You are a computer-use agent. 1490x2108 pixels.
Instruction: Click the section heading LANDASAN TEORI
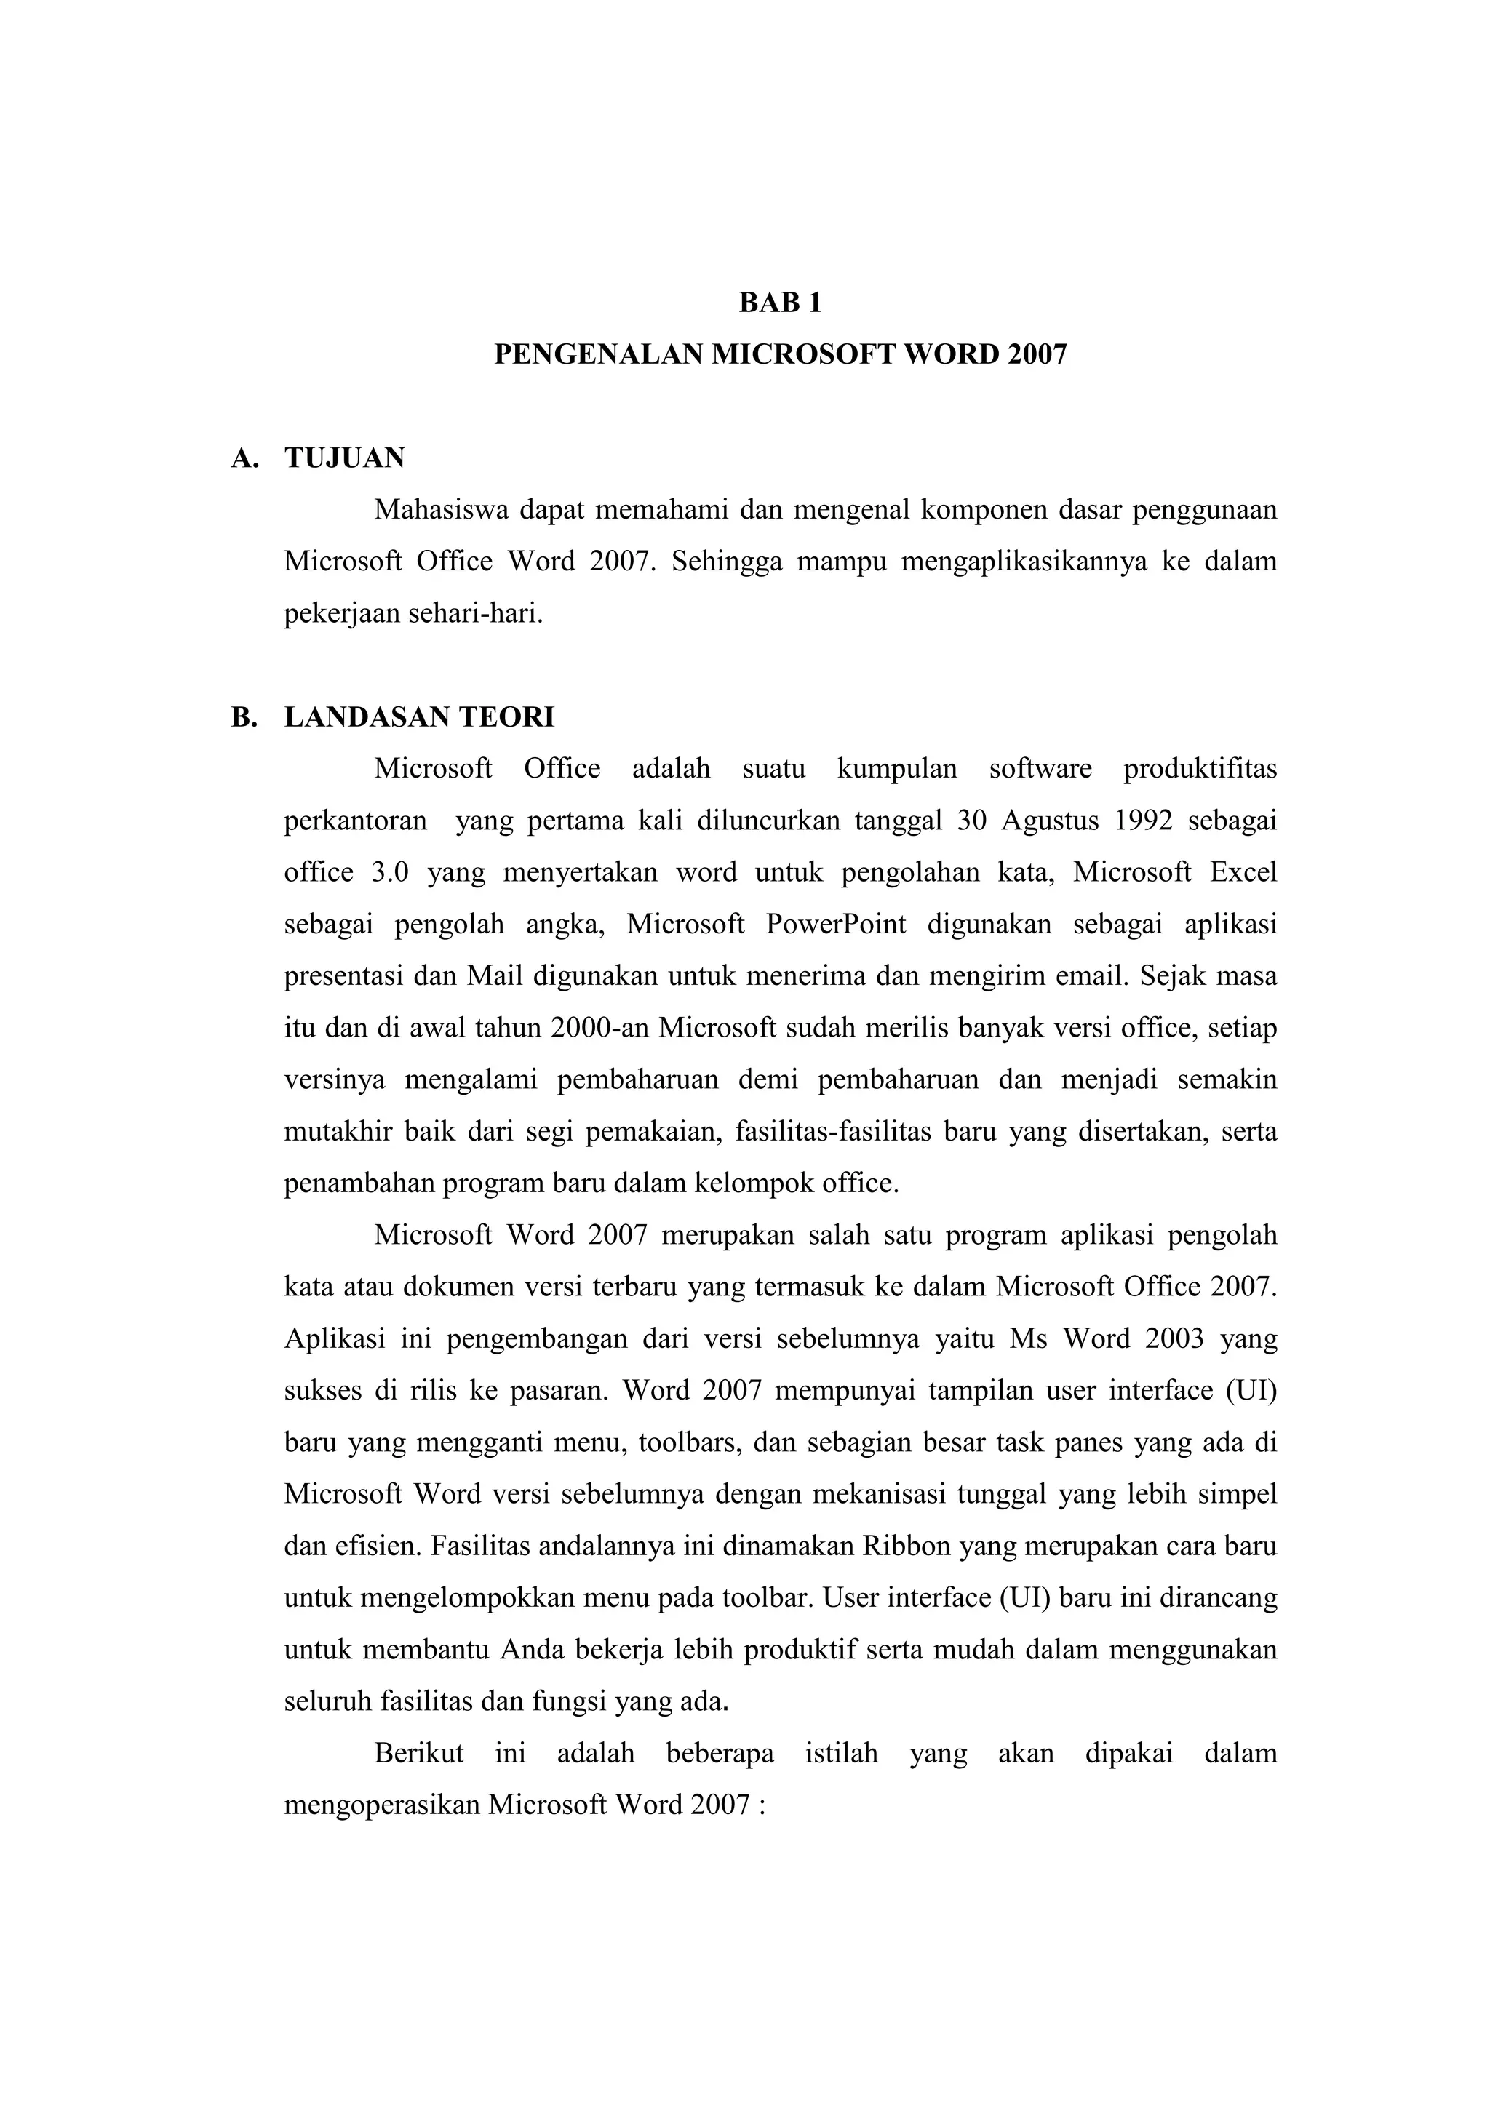(x=420, y=717)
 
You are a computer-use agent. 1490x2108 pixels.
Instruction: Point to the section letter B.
(x=243, y=717)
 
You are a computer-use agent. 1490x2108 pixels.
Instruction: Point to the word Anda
(x=532, y=1650)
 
